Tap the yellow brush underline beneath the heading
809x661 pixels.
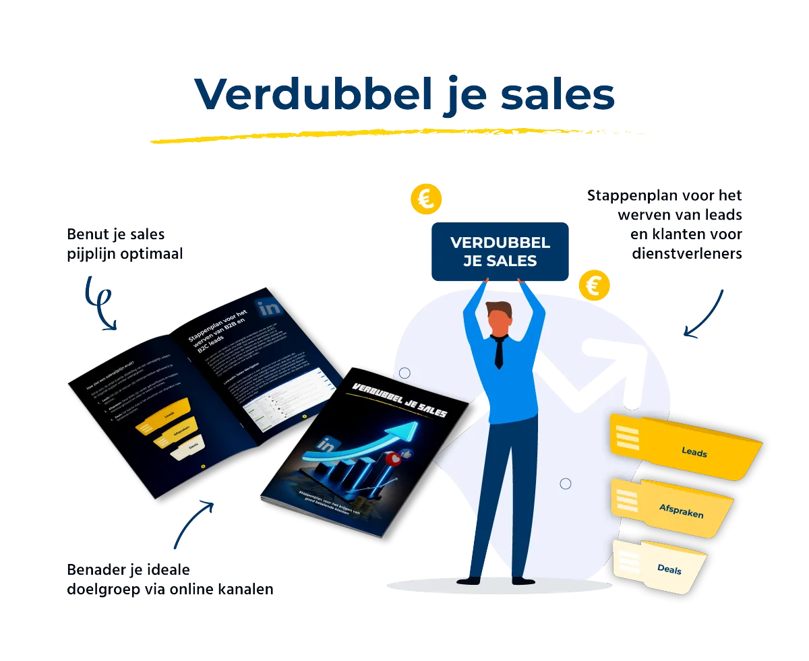pyautogui.click(x=404, y=134)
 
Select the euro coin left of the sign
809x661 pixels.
pyautogui.click(x=426, y=199)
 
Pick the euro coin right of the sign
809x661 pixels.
pyautogui.click(x=594, y=286)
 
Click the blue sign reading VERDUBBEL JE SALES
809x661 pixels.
pyautogui.click(x=500, y=251)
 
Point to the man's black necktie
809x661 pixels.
pyautogui.click(x=498, y=352)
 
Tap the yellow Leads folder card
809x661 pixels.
pyautogui.click(x=688, y=448)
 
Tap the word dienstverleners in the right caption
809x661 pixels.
pyautogui.click(x=688, y=253)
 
